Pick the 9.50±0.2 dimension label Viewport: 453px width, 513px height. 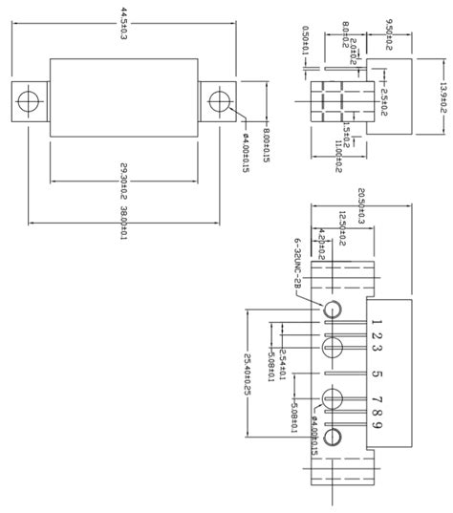click(x=389, y=28)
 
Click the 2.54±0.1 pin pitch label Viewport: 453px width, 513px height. click(x=284, y=348)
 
